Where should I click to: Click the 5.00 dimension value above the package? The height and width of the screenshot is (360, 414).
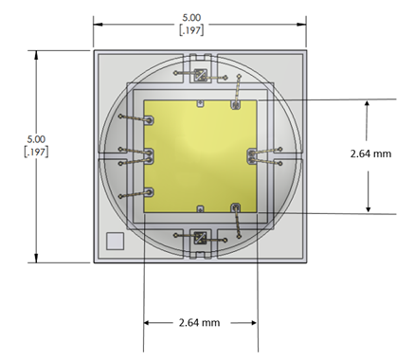click(x=191, y=17)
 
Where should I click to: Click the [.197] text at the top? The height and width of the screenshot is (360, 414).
click(x=191, y=30)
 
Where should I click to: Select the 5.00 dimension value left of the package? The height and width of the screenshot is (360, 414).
click(x=36, y=139)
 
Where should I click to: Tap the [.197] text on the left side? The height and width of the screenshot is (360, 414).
click(x=36, y=152)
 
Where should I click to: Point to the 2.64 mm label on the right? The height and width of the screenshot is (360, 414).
click(x=370, y=153)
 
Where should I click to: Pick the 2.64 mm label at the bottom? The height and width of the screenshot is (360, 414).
click(x=199, y=323)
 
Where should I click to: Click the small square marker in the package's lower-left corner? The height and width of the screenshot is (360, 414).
click(x=115, y=241)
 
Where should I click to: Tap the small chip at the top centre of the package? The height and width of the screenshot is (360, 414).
click(x=200, y=76)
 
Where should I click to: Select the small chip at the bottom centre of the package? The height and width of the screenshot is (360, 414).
click(x=200, y=238)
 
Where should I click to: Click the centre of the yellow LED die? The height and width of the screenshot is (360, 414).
click(x=200, y=156)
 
